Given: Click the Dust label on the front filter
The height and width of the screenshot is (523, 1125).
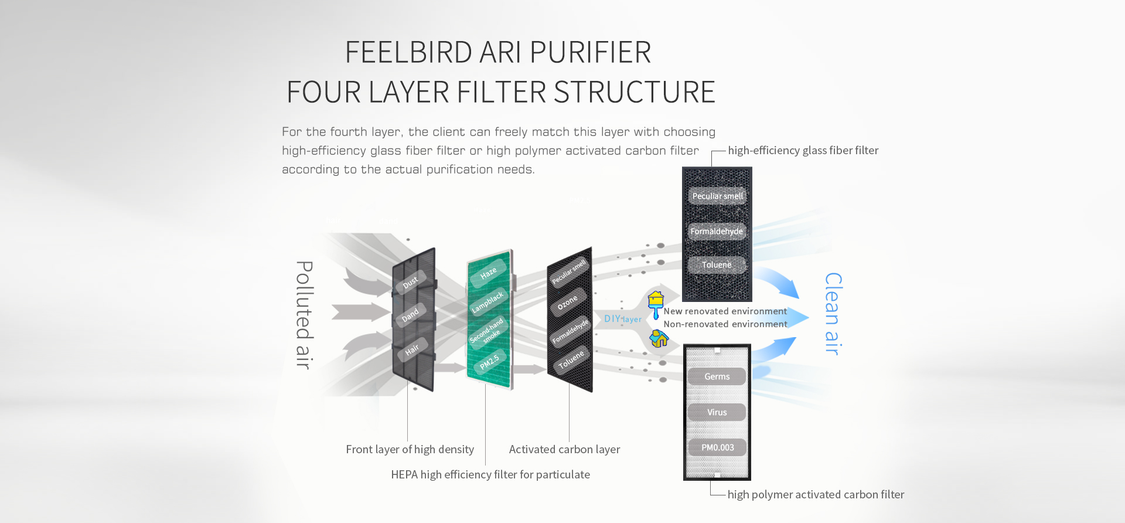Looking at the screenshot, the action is (x=410, y=281).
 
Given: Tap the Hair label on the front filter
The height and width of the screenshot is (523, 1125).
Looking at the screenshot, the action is (x=412, y=349).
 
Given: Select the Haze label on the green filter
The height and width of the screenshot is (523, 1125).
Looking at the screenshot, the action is (x=488, y=273).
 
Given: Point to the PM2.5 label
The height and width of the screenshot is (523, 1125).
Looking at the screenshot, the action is (x=489, y=362).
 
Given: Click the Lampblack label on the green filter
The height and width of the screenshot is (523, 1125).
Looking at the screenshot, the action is (x=487, y=302).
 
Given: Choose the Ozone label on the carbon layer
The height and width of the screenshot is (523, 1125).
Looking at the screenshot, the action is (x=567, y=303).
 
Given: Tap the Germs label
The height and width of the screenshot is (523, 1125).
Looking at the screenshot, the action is (x=717, y=376).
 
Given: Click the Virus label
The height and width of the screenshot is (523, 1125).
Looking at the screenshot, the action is (x=717, y=412).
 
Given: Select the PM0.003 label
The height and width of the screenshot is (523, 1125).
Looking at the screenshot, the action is (x=717, y=447).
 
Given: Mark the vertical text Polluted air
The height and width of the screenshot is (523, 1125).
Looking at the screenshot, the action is (x=304, y=315).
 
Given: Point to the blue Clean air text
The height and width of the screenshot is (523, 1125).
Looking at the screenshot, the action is (x=833, y=314).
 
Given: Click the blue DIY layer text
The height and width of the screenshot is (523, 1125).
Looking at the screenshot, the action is (x=622, y=319).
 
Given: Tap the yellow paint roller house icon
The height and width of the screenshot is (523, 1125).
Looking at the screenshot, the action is (x=656, y=305).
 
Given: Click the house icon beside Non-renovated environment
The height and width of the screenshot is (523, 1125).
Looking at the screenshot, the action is (x=659, y=338).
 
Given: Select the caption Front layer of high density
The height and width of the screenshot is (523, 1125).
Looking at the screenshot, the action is (x=410, y=450).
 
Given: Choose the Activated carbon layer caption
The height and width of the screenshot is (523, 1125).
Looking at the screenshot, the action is (x=564, y=450).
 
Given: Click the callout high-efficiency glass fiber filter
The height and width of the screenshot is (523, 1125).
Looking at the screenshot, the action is (x=803, y=151).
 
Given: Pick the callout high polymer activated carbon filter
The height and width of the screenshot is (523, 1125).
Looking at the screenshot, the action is (x=816, y=495).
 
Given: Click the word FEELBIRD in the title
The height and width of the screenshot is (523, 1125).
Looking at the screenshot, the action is (x=409, y=52).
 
